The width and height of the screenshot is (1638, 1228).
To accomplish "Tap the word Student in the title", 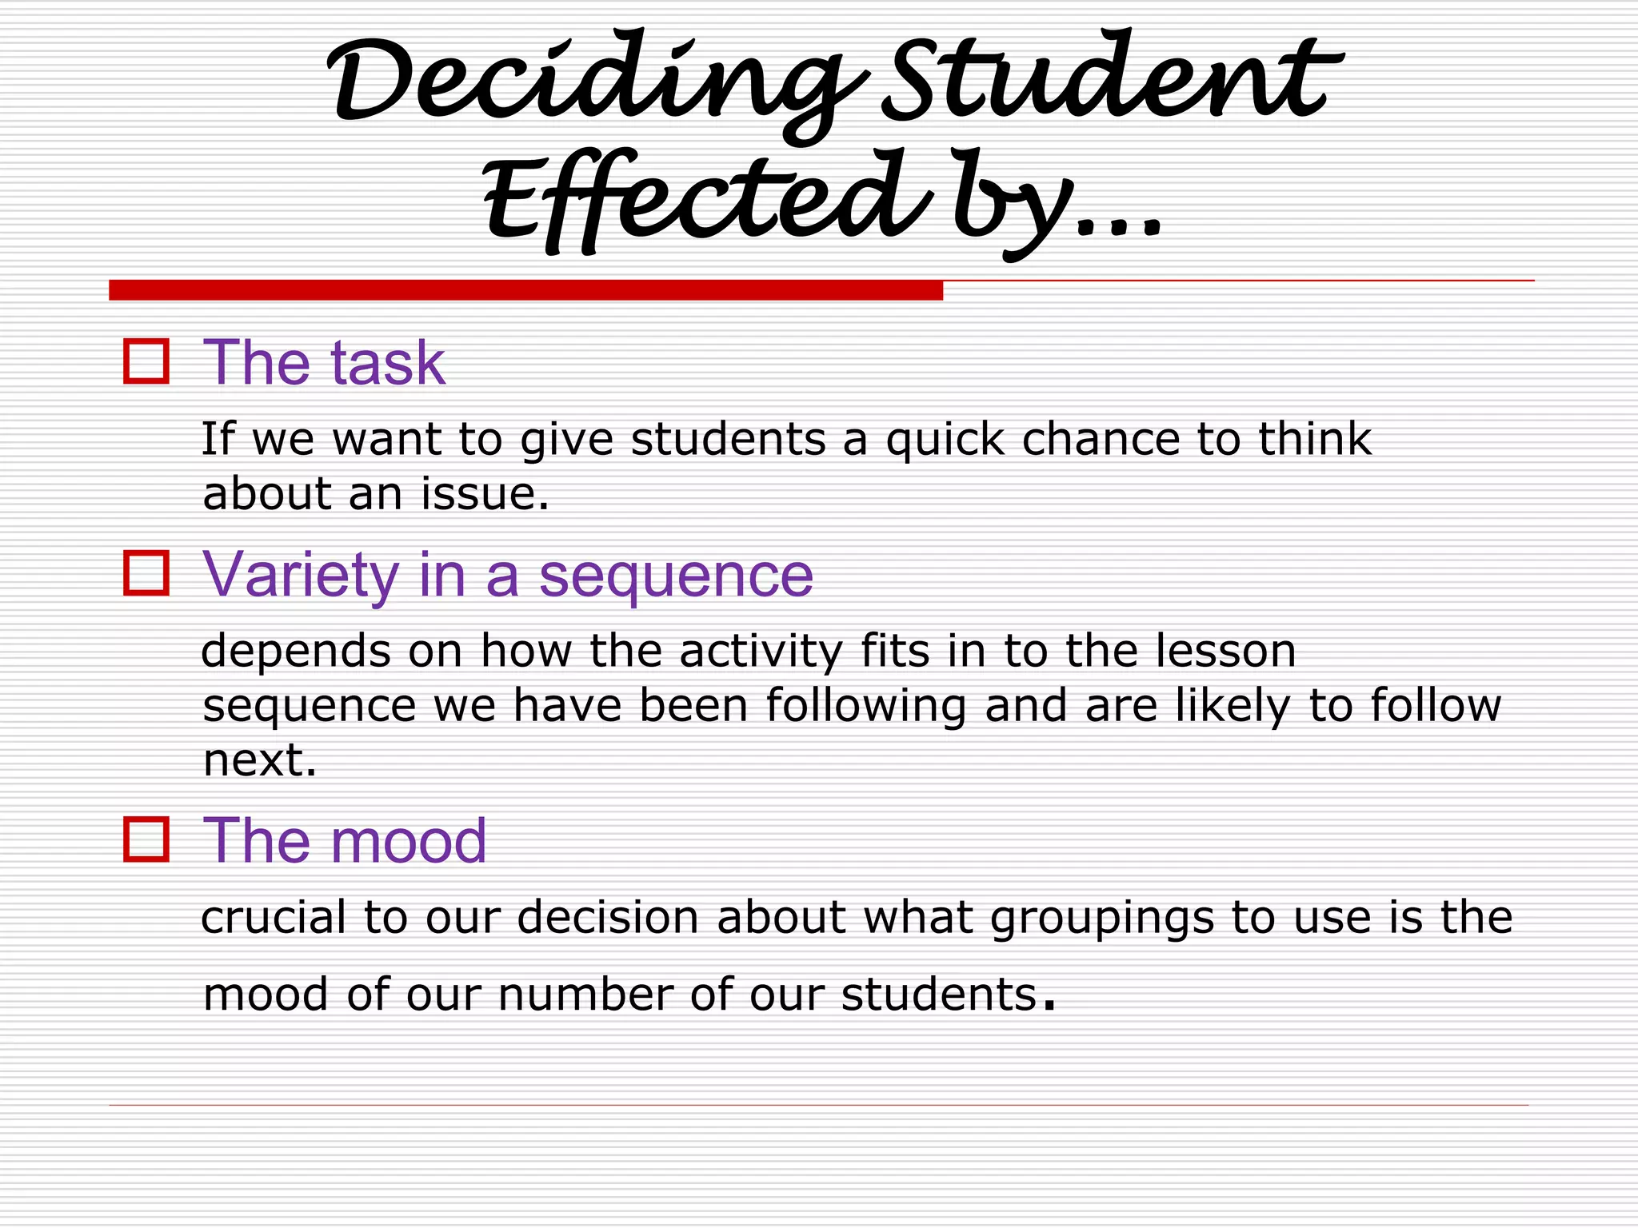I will (x=1108, y=80).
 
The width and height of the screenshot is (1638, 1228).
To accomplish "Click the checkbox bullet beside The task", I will (x=146, y=361).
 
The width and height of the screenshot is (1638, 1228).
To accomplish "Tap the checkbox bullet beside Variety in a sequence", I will (x=146, y=573).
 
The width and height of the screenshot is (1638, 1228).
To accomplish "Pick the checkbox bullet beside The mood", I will (x=146, y=839).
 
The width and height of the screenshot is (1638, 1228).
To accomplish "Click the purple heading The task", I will (x=324, y=363).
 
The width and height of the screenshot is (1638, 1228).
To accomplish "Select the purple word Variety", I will (x=301, y=575).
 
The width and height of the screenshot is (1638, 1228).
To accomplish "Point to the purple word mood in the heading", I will (x=408, y=841).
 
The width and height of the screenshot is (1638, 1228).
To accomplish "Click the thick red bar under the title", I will (x=525, y=290).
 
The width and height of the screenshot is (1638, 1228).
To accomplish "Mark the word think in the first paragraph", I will (x=1315, y=439).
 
